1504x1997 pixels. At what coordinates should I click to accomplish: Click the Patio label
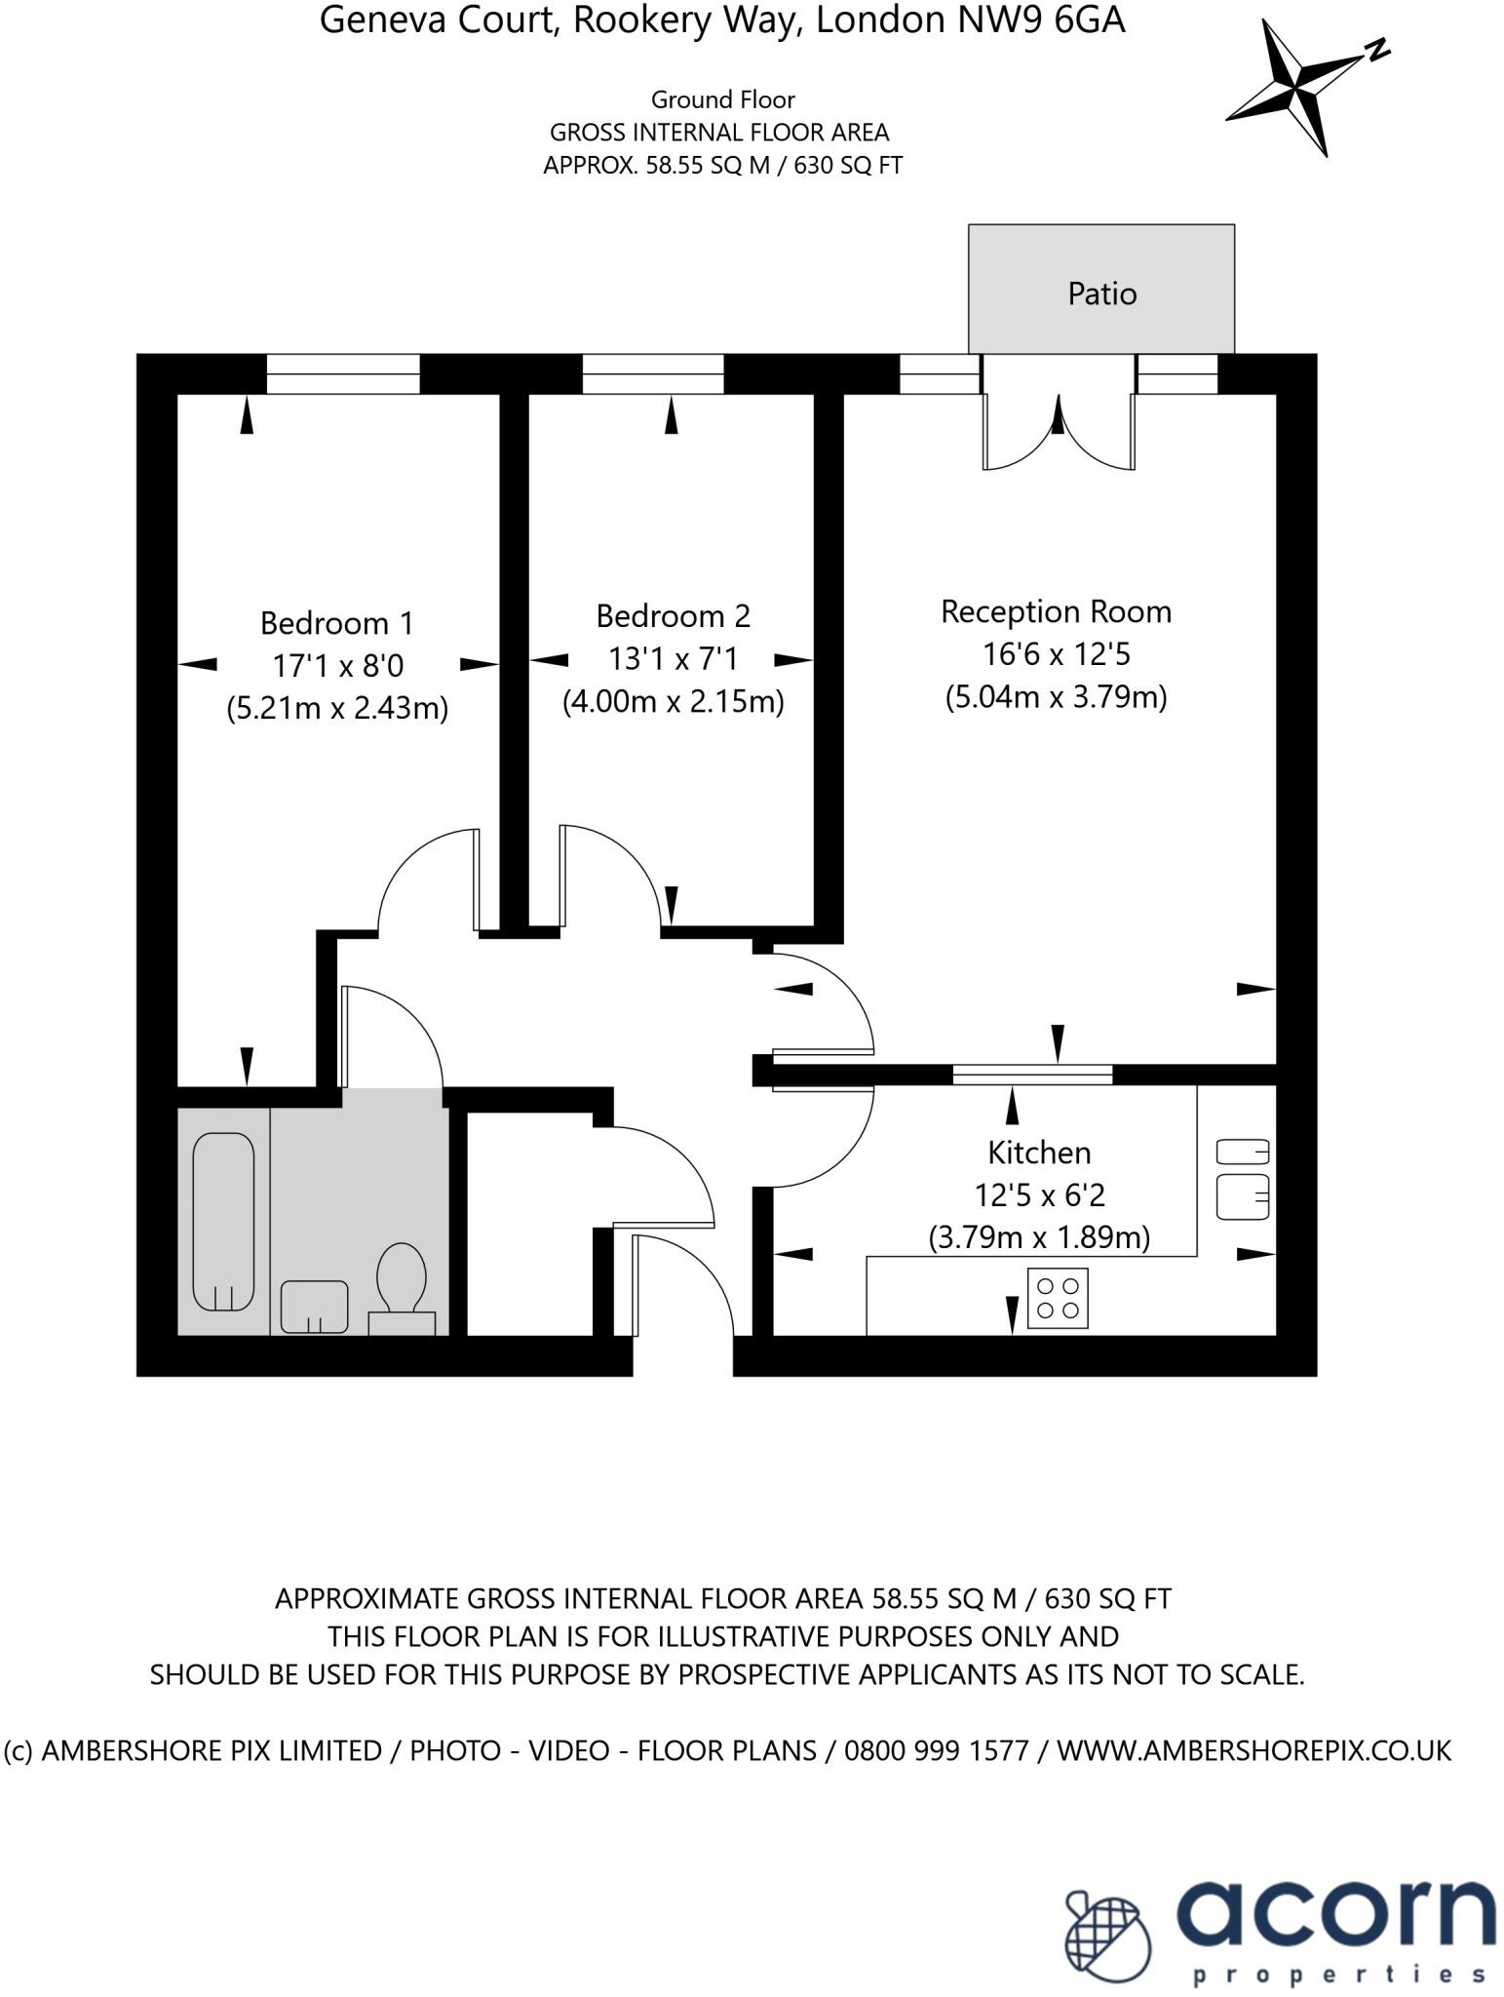1101,294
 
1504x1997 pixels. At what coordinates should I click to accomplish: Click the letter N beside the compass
1376,50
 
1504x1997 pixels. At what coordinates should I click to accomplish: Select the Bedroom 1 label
336,622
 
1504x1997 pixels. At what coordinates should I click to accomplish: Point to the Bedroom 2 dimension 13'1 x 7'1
673,659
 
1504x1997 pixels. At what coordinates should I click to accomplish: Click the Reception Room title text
1056,611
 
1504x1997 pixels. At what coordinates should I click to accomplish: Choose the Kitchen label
1039,1153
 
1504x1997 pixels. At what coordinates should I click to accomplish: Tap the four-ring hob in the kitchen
1058,1298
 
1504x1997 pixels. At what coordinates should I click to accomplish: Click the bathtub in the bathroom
223,1221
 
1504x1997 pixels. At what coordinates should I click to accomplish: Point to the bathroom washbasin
314,1306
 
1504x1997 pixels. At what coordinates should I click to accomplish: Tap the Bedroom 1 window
343,373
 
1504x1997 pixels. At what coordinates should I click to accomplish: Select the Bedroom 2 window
653,373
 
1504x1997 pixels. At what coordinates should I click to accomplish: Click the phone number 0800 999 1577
936,1750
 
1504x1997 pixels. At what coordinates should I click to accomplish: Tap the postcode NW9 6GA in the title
1041,20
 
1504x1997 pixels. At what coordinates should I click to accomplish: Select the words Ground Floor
722,99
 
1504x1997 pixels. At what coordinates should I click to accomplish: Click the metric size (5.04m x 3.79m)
1056,696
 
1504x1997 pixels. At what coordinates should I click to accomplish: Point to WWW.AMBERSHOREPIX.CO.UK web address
1253,1750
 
